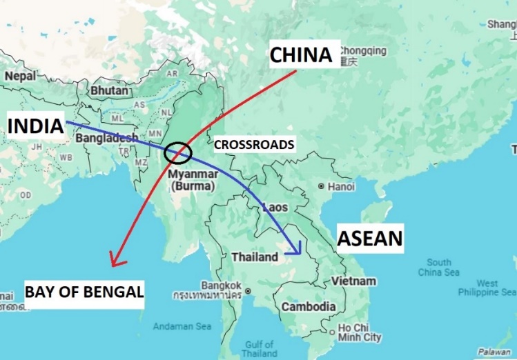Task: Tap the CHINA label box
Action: coord(301,54)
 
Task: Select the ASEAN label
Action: coord(369,239)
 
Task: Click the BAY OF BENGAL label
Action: coord(84,292)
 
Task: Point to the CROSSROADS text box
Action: coord(254,145)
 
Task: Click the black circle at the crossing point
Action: coord(179,152)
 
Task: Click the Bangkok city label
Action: coord(221,285)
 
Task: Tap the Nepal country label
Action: coord(19,76)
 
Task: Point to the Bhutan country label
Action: coord(109,90)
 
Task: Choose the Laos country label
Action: coord(273,206)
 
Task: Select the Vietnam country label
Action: coord(353,281)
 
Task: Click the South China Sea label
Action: coord(438,267)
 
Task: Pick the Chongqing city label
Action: coord(362,51)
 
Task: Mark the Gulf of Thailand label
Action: coord(259,348)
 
